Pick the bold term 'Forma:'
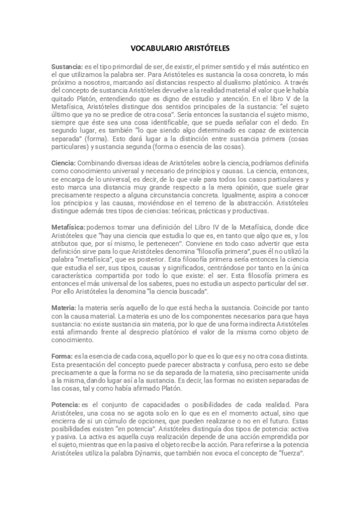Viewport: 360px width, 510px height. [x=63, y=356]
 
